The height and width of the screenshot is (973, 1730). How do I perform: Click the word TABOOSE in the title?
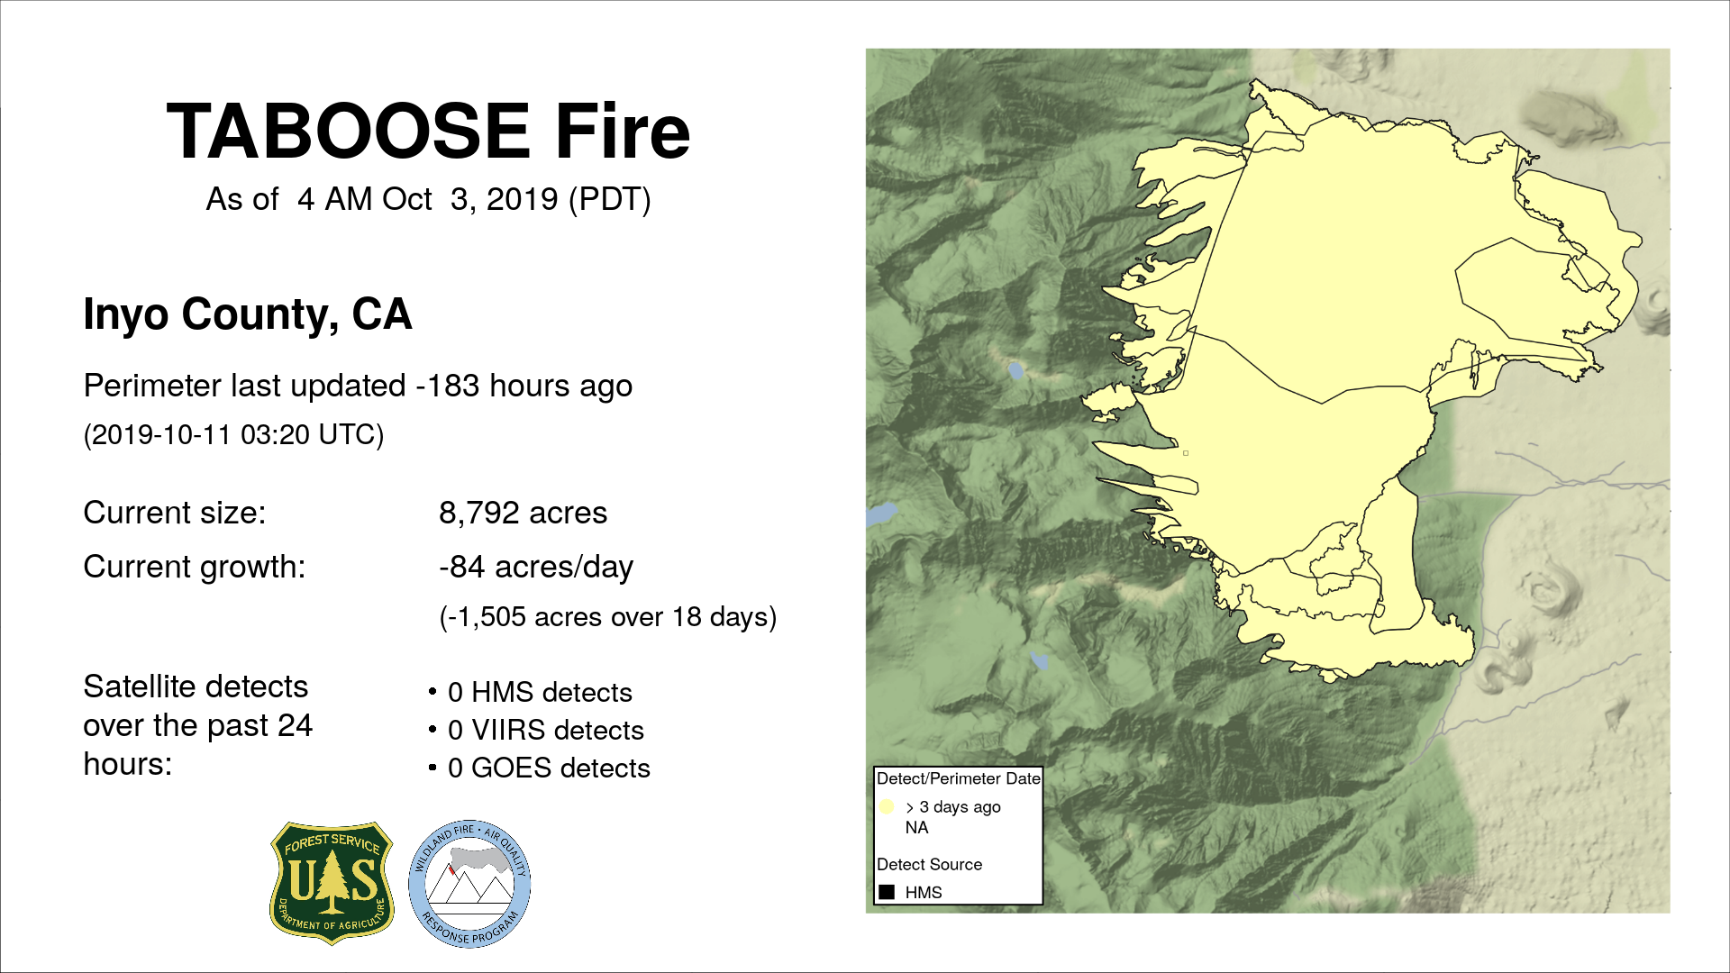coord(348,132)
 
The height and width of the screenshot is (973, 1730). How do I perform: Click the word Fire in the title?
coord(623,132)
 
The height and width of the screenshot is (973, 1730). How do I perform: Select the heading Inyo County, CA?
coord(248,314)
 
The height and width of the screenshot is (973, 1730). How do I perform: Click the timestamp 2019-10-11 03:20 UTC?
coord(233,434)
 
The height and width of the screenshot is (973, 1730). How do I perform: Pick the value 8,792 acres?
coord(523,513)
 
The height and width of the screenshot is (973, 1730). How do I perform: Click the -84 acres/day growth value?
coord(536,567)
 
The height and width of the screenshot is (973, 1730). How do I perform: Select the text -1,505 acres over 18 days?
coord(608,617)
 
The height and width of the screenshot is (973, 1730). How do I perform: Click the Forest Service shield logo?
coord(332,883)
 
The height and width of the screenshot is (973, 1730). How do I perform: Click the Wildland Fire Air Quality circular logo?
coord(469,884)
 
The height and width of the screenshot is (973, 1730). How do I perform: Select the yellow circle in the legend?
coord(887,806)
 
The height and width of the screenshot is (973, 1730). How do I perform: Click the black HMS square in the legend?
coord(887,892)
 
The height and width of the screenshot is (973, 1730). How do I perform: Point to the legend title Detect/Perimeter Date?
coord(959,778)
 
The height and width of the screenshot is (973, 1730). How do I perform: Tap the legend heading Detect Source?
coord(929,864)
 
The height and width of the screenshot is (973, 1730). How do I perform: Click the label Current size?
coord(175,513)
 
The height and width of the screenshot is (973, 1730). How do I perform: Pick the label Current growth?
coord(195,567)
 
